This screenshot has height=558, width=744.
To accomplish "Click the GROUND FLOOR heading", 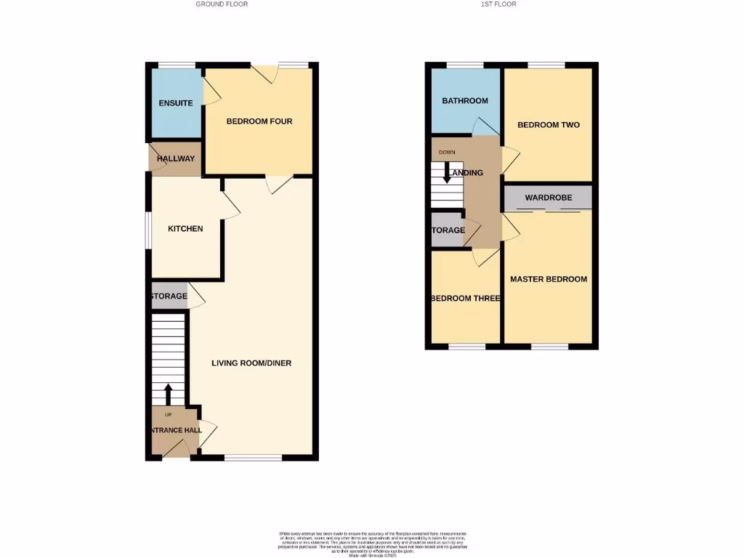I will pos(222,4).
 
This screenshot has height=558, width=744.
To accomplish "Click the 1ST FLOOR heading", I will pos(498,4).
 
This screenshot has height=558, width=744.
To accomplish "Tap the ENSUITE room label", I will pos(176,103).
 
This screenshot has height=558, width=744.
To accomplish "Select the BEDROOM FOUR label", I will pos(259,121).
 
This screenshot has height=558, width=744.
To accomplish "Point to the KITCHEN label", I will pos(185,229).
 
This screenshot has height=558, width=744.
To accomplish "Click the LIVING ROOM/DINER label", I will pos(252,363).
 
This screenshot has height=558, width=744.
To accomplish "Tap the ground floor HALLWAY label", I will pos(176,159).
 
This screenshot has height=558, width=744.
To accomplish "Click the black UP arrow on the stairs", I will pos(169,395).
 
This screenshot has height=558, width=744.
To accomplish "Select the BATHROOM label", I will pos(465,101).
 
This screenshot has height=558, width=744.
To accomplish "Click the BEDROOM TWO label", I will pos(549,125).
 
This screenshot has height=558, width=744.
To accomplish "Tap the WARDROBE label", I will pos(549,198).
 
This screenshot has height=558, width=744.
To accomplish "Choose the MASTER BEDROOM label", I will pos(549,279).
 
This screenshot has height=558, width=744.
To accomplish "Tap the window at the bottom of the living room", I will pos(253,458).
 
